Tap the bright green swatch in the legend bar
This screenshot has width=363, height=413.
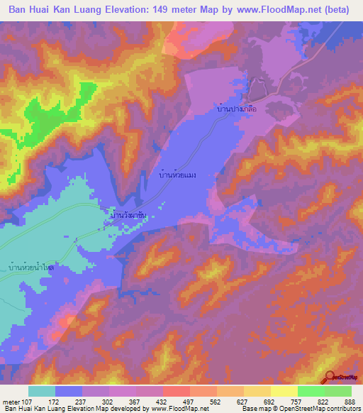311,391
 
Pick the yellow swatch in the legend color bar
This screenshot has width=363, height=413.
284,391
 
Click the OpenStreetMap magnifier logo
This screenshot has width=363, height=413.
330,378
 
